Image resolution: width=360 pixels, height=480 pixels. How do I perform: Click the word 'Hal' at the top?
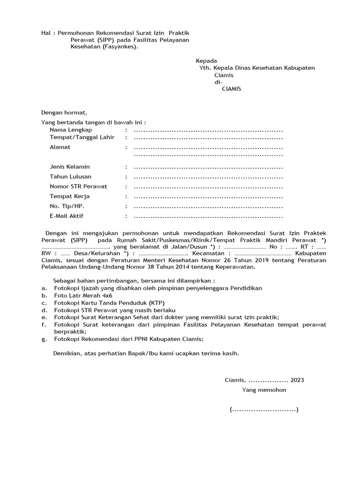(x=46, y=33)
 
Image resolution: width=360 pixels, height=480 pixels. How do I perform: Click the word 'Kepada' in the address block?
(x=206, y=60)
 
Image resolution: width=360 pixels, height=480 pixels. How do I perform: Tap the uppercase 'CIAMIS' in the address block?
(x=231, y=89)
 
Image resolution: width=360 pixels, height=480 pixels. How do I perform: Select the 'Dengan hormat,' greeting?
(x=64, y=112)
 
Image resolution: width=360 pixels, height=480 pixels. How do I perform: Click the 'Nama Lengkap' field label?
(x=71, y=129)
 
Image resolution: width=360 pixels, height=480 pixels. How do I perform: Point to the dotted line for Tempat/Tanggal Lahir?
(x=208, y=137)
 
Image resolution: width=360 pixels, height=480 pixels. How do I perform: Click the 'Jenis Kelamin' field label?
(x=70, y=167)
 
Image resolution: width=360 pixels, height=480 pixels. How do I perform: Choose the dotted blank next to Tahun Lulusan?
(x=208, y=177)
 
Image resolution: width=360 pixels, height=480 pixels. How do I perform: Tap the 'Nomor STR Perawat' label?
(x=78, y=186)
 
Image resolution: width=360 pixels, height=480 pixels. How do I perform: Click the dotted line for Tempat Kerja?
(x=208, y=196)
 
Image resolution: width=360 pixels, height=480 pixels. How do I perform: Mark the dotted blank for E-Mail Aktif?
(x=208, y=216)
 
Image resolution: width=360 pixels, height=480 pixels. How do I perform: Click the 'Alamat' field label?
(x=60, y=147)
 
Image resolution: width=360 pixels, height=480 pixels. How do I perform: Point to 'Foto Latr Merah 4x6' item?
(x=83, y=295)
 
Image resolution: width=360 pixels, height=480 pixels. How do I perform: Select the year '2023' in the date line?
(x=300, y=380)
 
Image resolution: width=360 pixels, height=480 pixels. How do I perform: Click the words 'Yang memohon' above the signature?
(x=264, y=390)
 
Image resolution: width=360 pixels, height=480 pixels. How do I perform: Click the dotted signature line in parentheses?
(x=264, y=410)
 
